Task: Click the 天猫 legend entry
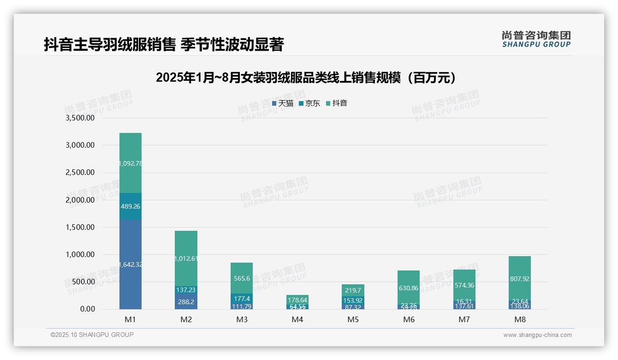pyautogui.click(x=283, y=103)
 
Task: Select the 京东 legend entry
pyautogui.click(x=309, y=103)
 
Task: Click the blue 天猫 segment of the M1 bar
pyautogui.click(x=131, y=264)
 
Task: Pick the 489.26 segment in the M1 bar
pyautogui.click(x=131, y=206)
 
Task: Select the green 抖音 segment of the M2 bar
pyautogui.click(x=186, y=258)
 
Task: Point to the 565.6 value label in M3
pyautogui.click(x=242, y=278)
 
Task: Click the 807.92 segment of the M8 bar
pyautogui.click(x=520, y=279)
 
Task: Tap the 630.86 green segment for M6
pyautogui.click(x=409, y=288)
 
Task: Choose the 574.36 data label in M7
pyautogui.click(x=464, y=285)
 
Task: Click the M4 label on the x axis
pyautogui.click(x=297, y=319)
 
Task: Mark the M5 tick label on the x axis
pyautogui.click(x=353, y=319)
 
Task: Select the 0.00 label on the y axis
pyautogui.click(x=87, y=309)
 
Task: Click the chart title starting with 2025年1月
pyautogui.click(x=306, y=78)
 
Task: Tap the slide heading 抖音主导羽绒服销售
pyautogui.click(x=164, y=44)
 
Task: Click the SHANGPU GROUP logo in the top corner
pyautogui.click(x=536, y=39)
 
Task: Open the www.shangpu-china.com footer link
pyautogui.click(x=537, y=335)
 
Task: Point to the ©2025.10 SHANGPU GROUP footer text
pyautogui.click(x=92, y=335)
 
